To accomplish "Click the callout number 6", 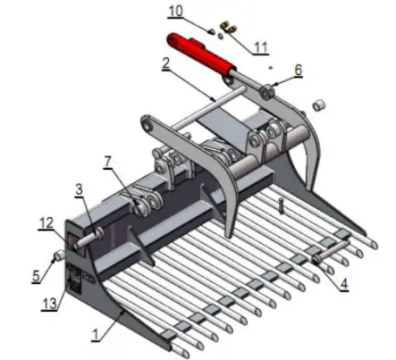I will pyautogui.click(x=298, y=68).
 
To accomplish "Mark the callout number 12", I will pyautogui.click(x=46, y=222).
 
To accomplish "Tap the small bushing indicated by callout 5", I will pyautogui.click(x=59, y=258).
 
